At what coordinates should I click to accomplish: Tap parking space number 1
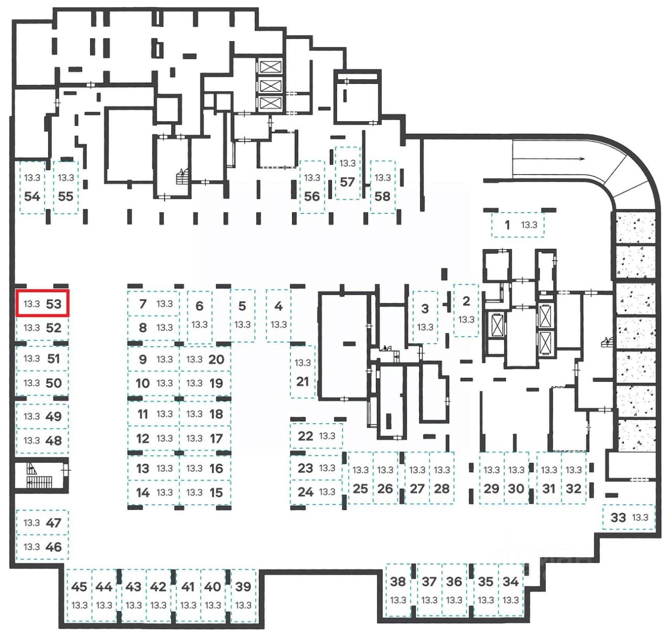tap(517, 225)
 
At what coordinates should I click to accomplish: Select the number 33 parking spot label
tap(618, 518)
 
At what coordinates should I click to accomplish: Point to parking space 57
tap(348, 173)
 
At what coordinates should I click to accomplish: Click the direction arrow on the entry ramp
tap(548, 158)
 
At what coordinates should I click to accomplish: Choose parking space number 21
tap(302, 371)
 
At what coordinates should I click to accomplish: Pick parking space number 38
tap(398, 590)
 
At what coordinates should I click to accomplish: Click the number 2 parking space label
tap(466, 301)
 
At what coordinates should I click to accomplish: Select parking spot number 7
tap(153, 303)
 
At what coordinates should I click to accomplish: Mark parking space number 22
tap(316, 435)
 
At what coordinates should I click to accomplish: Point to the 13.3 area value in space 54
tap(32, 178)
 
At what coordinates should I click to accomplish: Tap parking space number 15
tap(205, 493)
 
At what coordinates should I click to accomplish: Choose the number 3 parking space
tap(425, 317)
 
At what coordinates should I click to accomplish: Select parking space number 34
tap(511, 590)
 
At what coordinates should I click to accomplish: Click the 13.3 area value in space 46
tap(32, 547)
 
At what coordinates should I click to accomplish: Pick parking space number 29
tap(492, 478)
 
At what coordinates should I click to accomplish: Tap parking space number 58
tap(383, 187)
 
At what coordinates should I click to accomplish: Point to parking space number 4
tap(278, 315)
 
